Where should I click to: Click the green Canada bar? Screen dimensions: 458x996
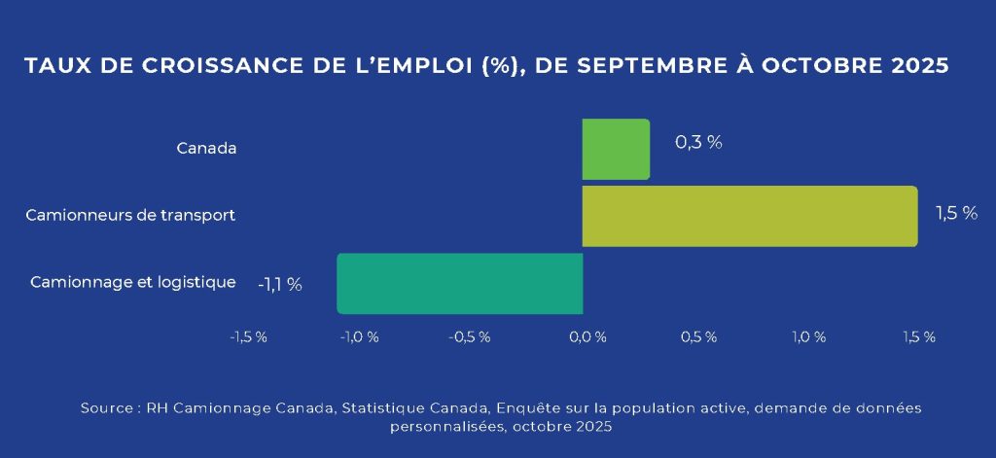pos(616,149)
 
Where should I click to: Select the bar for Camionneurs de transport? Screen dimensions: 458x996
pos(749,216)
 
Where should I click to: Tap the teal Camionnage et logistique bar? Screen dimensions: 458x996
pos(459,283)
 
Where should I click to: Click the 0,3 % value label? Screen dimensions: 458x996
pos(698,142)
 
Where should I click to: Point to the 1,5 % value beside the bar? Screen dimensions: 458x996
pos(955,213)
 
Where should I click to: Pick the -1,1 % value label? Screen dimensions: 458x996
pos(279,284)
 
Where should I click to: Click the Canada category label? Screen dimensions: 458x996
pos(206,149)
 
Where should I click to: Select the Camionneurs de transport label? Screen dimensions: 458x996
pos(130,215)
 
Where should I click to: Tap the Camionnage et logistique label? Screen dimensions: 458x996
pos(133,282)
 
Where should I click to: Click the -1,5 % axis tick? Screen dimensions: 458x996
pos(248,336)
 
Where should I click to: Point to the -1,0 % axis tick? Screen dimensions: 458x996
pos(359,336)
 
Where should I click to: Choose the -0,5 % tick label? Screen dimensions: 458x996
pos(471,336)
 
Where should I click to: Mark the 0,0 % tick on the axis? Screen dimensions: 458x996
pos(587,336)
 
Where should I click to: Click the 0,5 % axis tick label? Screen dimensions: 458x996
pos(698,336)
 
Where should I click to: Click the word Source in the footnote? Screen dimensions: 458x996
pos(107,408)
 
